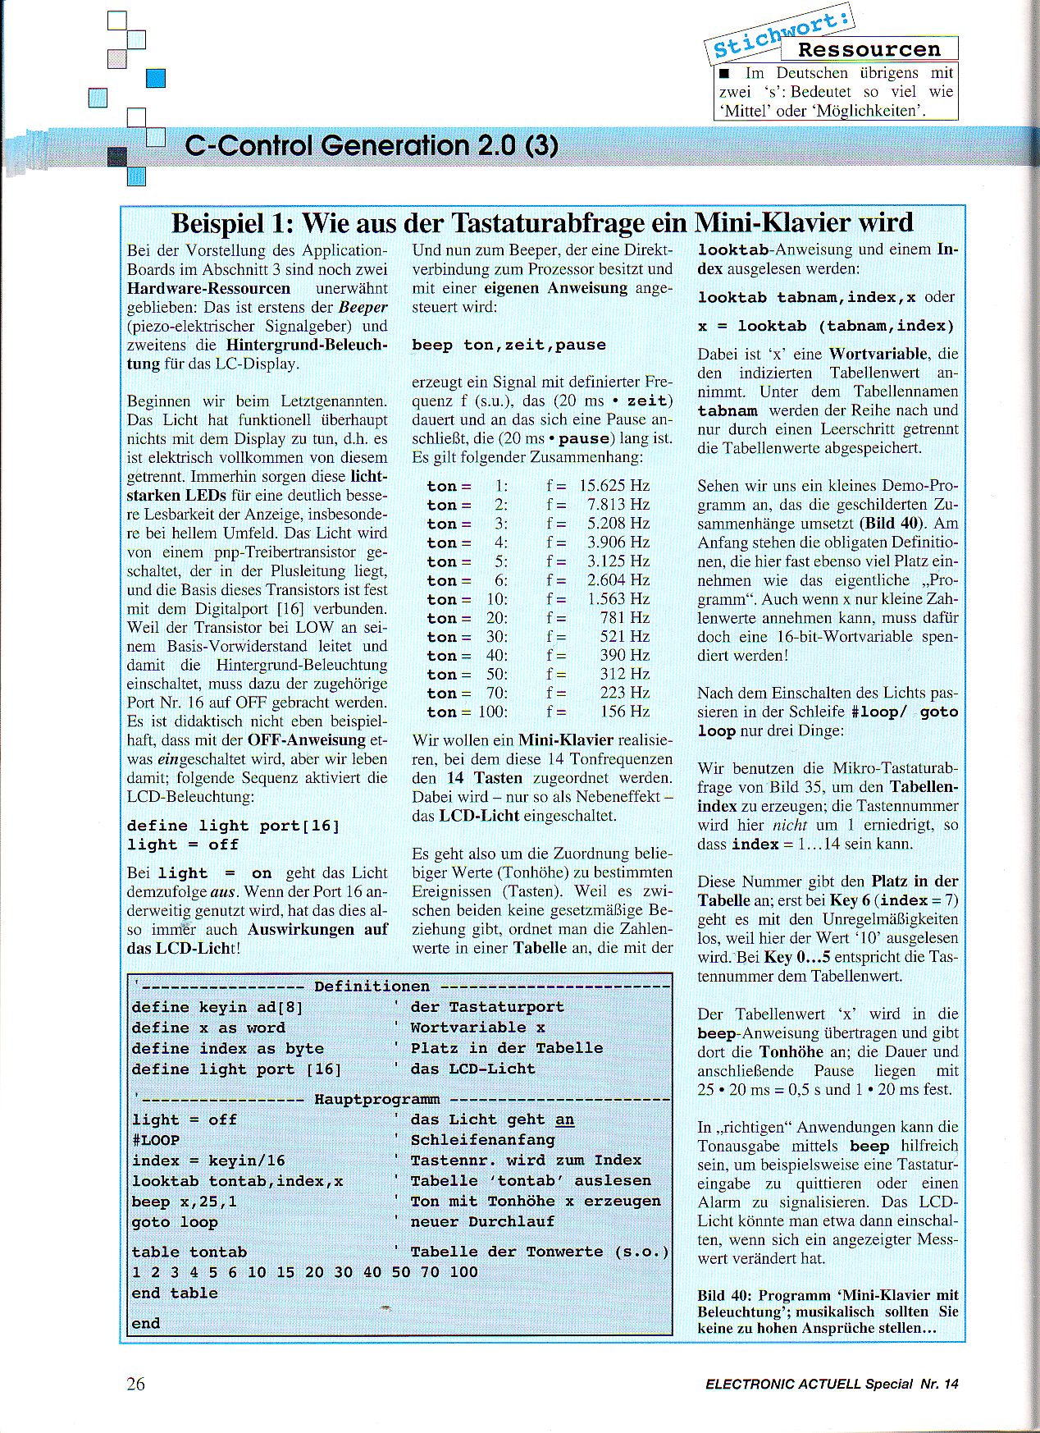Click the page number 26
pos(136,1384)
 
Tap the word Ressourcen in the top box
pos(869,50)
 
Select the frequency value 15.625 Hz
pos(614,486)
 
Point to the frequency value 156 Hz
pos(624,712)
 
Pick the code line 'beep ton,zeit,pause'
pos(509,345)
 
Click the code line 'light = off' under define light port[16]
pos(182,845)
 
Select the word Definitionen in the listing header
pos(372,987)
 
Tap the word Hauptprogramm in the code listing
pos(376,1099)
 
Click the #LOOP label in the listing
pos(156,1140)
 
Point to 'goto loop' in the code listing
pos(175,1222)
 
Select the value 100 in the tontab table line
pos(463,1271)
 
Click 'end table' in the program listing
pos(175,1293)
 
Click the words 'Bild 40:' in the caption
pos(724,1295)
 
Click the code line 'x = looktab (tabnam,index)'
pos(826,326)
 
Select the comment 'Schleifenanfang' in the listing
pos(482,1140)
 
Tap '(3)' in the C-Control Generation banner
pos(541,145)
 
